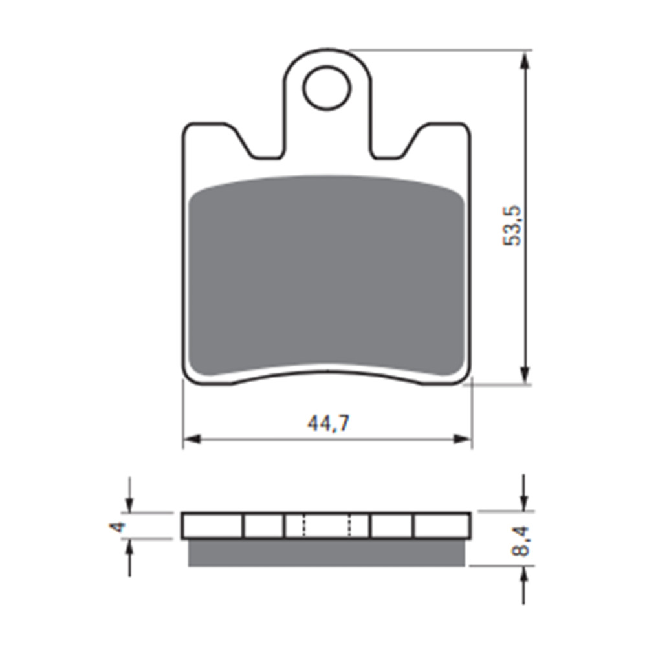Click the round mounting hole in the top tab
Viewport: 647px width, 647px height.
(327, 88)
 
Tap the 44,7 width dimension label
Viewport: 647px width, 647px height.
(328, 424)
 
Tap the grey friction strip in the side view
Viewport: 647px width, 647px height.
(327, 553)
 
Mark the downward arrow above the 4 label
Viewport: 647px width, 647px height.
(130, 505)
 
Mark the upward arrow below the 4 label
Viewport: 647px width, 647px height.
(130, 547)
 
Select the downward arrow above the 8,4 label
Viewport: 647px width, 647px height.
(525, 502)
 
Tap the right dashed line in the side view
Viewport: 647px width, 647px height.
(351, 526)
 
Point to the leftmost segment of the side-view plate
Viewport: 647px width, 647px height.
(213, 526)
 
